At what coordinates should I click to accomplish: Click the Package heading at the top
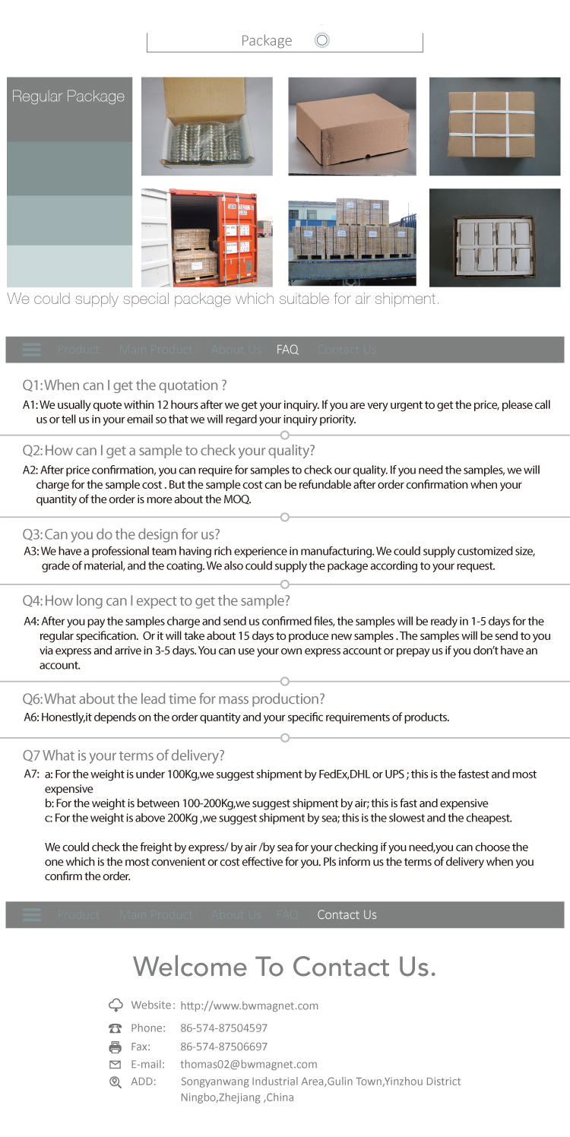point(267,41)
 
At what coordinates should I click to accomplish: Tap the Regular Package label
point(68,97)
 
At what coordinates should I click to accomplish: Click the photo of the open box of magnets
point(207,126)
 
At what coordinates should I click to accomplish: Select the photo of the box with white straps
point(494,126)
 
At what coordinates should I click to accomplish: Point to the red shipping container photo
point(207,237)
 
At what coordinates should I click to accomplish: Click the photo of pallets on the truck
point(352,237)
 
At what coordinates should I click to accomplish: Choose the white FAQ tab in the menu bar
point(287,350)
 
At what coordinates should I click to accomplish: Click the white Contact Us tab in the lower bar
point(347,914)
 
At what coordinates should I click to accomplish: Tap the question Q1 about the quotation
point(125,385)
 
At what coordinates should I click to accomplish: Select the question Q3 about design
point(121,534)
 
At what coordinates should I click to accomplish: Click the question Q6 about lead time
point(173,698)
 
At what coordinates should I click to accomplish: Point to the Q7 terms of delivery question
point(123,755)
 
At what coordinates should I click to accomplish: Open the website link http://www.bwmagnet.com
point(249,1006)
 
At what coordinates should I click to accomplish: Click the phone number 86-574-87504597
point(223,1028)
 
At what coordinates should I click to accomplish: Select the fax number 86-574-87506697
point(223,1047)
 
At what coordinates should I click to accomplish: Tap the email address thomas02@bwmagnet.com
point(249,1064)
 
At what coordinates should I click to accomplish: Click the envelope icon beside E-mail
point(116,1064)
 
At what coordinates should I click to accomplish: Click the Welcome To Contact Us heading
point(285,967)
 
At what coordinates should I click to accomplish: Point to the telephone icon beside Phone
point(116,1028)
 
